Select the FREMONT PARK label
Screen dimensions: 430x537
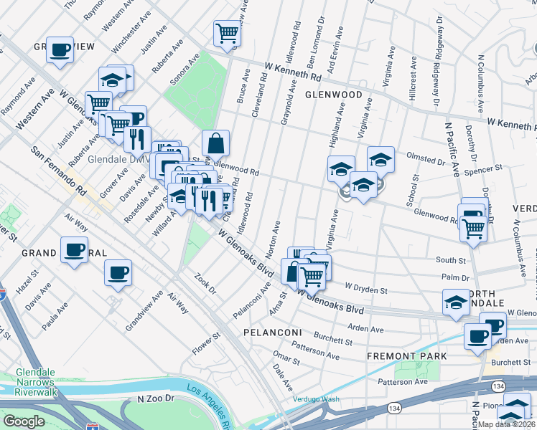click(406, 356)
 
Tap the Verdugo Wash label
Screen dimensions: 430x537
click(316, 399)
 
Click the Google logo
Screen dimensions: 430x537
click(24, 421)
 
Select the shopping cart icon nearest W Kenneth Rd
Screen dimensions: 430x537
click(227, 32)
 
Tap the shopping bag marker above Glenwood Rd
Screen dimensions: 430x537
click(215, 143)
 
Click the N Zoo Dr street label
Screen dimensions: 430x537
click(156, 398)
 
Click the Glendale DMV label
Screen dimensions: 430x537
click(108, 160)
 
